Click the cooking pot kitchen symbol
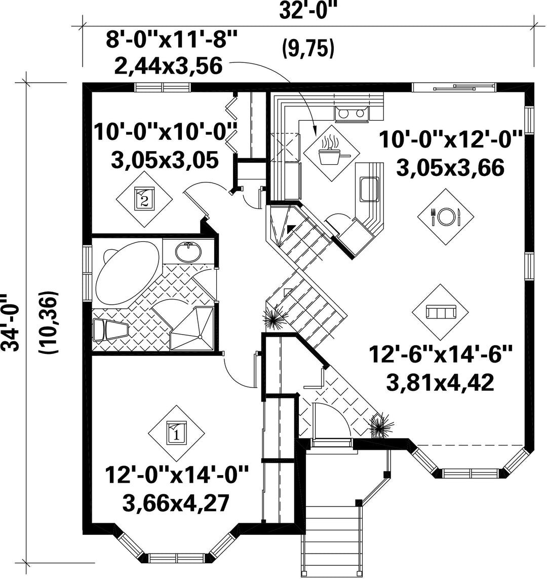point(331,153)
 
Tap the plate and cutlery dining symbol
point(446,217)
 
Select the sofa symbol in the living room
point(441,312)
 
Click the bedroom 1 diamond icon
point(176,433)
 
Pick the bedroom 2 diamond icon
point(144,199)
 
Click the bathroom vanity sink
point(188,252)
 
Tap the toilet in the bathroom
point(110,330)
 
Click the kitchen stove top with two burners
point(351,114)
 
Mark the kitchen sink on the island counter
point(369,189)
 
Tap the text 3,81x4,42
point(440,382)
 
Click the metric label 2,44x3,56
point(169,66)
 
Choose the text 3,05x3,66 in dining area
point(450,168)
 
